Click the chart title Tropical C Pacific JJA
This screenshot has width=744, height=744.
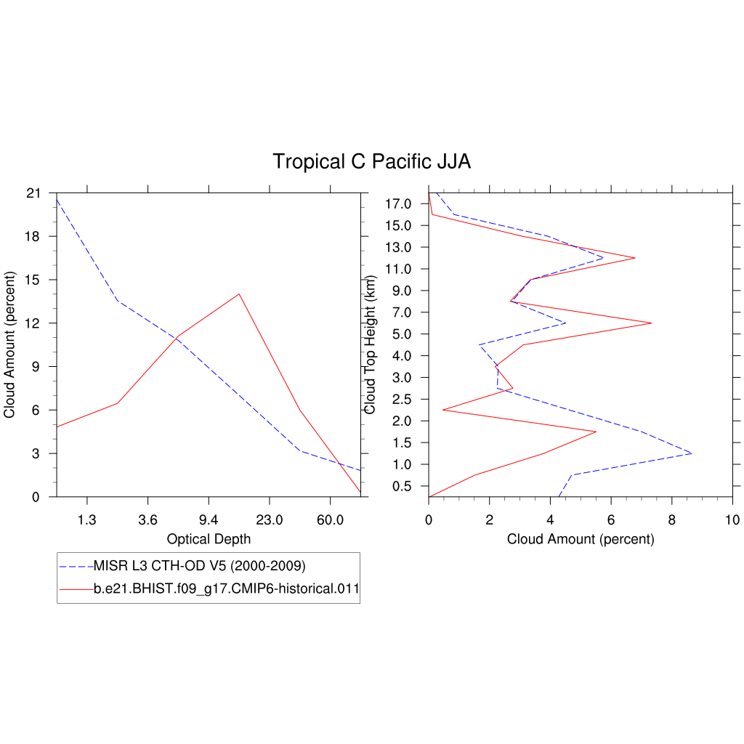[371, 162]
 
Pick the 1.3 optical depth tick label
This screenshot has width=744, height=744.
[86, 520]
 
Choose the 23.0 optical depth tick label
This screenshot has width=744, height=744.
[269, 520]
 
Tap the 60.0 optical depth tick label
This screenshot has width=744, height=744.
[330, 520]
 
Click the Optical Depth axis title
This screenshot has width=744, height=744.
[209, 539]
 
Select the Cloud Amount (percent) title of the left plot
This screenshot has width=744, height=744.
[9, 345]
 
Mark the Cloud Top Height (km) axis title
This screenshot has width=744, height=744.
[371, 345]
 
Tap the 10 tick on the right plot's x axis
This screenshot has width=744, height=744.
[732, 520]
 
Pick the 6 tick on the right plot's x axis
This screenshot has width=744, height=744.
[611, 520]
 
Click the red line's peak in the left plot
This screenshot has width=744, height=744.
[239, 294]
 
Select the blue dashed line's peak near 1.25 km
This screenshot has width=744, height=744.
[692, 453]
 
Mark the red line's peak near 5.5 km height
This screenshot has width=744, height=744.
[651, 323]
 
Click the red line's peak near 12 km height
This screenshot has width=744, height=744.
[635, 258]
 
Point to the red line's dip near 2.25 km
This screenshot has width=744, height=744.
[442, 410]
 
